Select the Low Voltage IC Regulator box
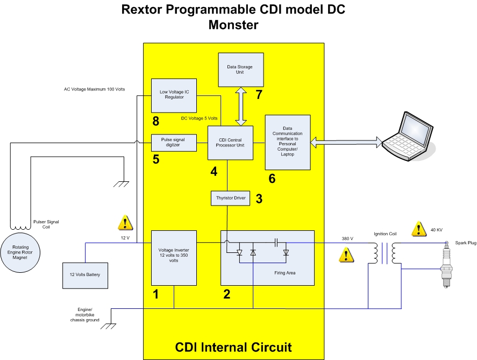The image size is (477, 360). point(174,95)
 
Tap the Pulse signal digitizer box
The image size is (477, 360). point(174,142)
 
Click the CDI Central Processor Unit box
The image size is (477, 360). point(230,142)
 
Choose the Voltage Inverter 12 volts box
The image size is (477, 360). point(174,257)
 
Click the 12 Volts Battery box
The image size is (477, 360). point(86,275)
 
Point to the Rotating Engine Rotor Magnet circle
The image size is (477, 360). point(22,253)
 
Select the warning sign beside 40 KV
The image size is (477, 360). point(419,229)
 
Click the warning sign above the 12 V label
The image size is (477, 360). point(125,222)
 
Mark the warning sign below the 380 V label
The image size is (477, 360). point(347,255)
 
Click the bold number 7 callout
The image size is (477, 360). point(259,95)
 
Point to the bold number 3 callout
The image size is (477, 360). point(259,199)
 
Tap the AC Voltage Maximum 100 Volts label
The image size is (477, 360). point(91,89)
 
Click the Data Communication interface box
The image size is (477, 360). point(288,142)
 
